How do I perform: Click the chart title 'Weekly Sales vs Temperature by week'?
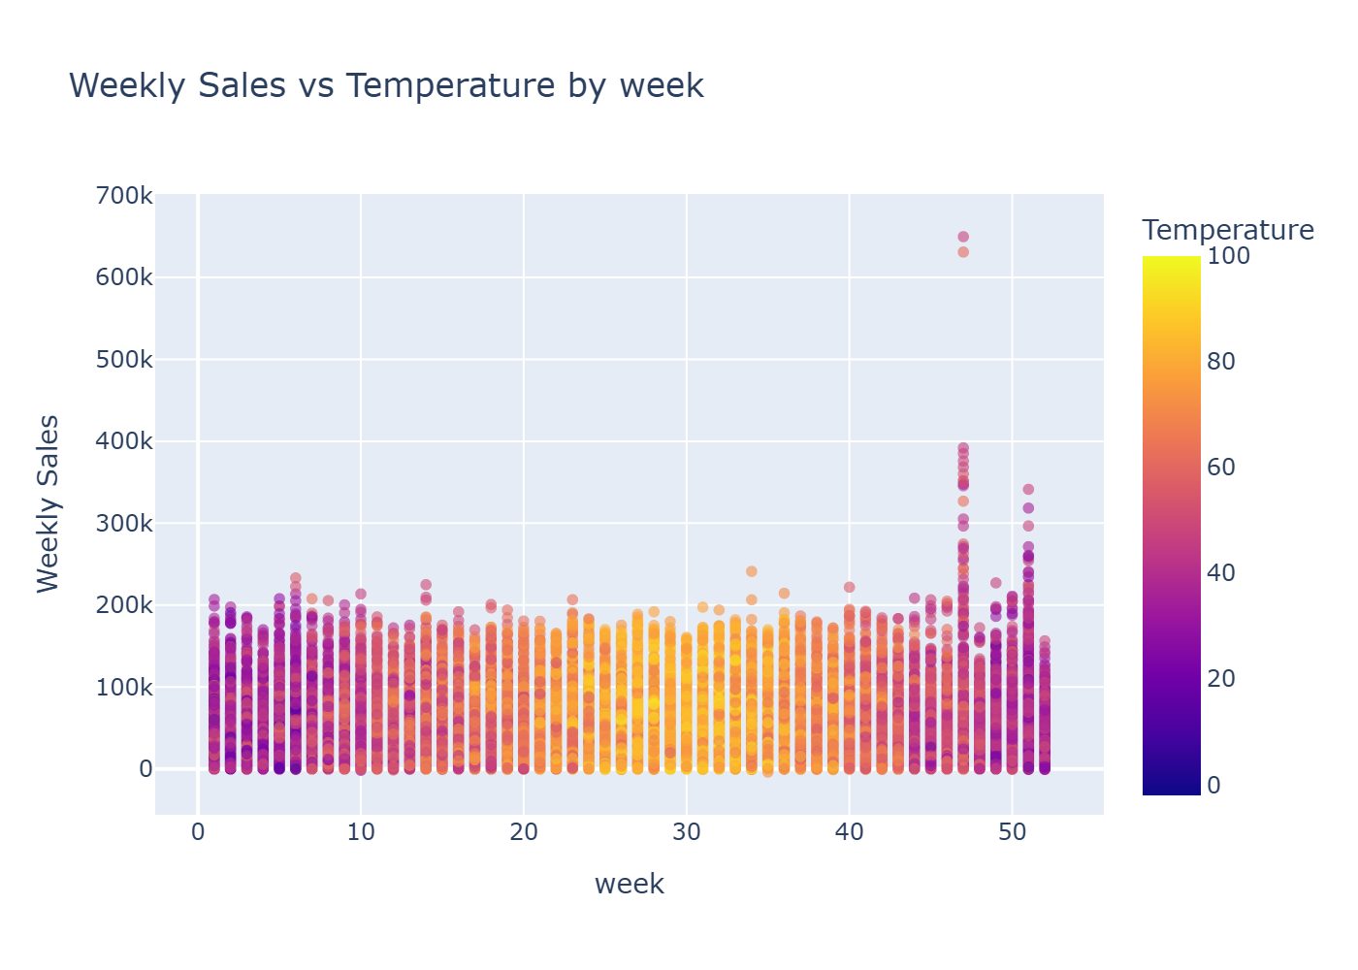point(386,85)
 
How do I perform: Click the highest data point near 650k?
point(963,237)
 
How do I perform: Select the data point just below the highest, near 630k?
point(963,252)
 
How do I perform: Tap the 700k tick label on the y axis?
point(125,196)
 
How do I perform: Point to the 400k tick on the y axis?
point(125,441)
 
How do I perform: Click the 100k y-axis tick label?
point(125,688)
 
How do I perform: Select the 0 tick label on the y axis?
point(145,769)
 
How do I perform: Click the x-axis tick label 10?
point(361,833)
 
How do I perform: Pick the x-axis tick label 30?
point(687,833)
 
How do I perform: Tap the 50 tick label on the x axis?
point(1012,833)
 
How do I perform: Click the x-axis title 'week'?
point(629,884)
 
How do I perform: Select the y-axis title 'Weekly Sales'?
point(48,503)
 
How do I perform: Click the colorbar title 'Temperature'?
point(1228,230)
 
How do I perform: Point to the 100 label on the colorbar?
point(1228,256)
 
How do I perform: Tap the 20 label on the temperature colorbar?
point(1221,679)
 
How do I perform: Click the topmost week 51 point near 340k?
point(1028,490)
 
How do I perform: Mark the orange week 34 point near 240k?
point(752,571)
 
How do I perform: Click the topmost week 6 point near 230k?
point(296,578)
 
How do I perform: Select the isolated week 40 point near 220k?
point(850,587)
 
